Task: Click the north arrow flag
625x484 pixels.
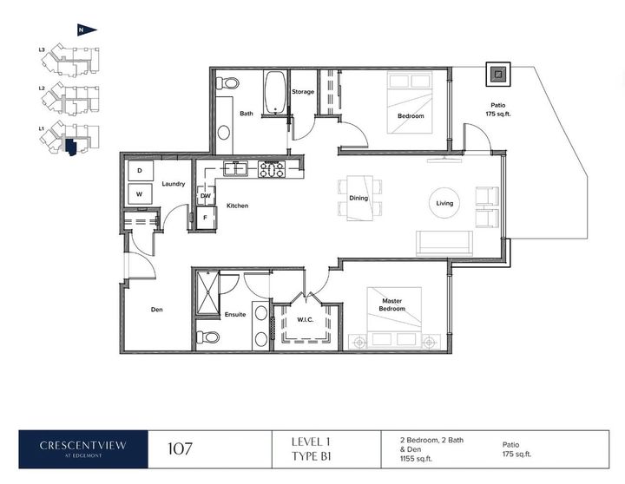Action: tap(86, 29)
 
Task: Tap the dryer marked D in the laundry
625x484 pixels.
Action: tap(140, 171)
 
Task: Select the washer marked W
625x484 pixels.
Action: tap(140, 194)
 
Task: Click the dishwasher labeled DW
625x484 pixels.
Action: tap(206, 195)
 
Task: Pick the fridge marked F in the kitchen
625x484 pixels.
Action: tap(206, 218)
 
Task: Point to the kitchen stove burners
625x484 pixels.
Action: tap(272, 168)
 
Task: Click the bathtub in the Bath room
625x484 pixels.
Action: tap(274, 93)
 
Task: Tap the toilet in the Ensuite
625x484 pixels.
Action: tap(208, 337)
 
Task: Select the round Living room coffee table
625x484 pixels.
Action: tap(444, 203)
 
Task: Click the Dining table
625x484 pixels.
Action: tap(360, 198)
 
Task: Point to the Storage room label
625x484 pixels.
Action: tap(303, 92)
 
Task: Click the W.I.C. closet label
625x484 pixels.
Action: tap(306, 319)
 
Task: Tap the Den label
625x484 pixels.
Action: tap(156, 310)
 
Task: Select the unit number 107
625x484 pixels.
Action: tap(181, 449)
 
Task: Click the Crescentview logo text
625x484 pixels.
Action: tap(83, 445)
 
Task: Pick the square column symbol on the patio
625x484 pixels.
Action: tap(498, 74)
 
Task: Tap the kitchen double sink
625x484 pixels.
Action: tap(235, 168)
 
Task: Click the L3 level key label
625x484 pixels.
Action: tap(42, 50)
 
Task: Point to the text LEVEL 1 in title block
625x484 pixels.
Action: tap(311, 441)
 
